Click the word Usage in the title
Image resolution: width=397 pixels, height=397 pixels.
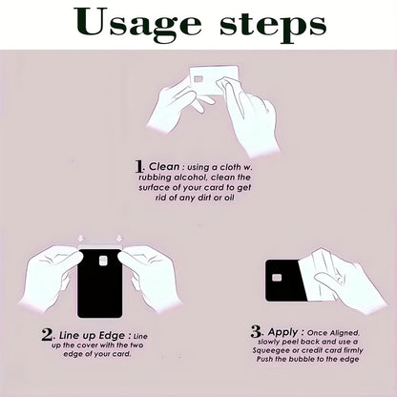137,23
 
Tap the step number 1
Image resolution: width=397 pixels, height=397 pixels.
138,166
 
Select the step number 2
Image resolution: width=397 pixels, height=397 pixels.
47,335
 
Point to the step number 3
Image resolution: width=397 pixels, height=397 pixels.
256,332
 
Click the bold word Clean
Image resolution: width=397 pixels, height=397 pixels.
164,166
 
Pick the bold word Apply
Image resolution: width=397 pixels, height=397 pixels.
282,332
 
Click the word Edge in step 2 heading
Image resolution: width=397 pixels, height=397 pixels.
112,336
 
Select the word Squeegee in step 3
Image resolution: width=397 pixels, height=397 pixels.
267,351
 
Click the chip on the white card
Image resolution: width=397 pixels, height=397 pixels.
198,78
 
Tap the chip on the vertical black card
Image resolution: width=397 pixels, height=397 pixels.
103,261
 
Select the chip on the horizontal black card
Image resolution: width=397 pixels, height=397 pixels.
277,278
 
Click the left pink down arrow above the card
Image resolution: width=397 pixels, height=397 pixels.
81,238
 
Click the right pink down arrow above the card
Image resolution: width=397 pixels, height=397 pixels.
119,238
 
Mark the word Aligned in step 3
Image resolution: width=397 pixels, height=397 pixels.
345,333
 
